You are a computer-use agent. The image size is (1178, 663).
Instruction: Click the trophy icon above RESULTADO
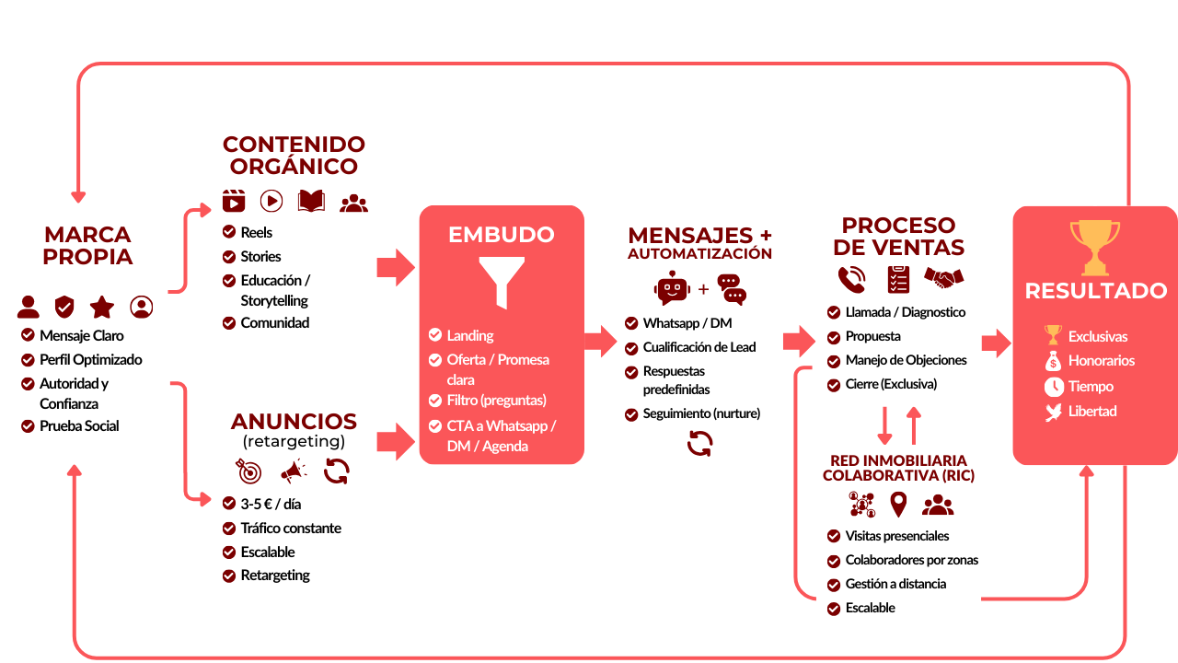tap(1095, 247)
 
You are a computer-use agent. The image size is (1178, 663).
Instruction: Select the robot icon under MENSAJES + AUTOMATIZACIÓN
tap(672, 288)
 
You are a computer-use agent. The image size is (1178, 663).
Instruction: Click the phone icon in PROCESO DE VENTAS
tap(851, 278)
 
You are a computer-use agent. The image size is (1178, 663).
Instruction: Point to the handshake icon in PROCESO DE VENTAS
tap(943, 277)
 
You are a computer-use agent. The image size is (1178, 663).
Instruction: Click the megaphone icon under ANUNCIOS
tap(294, 472)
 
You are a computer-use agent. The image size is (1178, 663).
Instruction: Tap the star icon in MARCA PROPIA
tap(102, 307)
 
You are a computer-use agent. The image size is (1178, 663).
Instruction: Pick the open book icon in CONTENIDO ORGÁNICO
tap(311, 201)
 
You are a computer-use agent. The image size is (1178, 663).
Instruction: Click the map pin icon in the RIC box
tap(898, 505)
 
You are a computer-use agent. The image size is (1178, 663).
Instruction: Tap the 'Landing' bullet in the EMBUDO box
tap(470, 335)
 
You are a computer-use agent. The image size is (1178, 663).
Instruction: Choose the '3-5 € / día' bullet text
tap(271, 504)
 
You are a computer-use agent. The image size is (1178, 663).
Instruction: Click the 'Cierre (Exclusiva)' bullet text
tap(891, 384)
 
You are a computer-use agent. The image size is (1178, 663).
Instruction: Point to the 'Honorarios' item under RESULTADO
tap(1101, 361)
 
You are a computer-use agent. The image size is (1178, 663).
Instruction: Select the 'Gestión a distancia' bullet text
tap(895, 584)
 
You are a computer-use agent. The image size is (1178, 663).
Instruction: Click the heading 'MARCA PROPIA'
tap(87, 246)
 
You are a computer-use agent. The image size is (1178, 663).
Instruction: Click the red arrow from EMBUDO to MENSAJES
tap(601, 341)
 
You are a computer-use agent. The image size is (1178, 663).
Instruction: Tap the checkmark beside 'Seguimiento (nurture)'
tap(631, 414)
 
